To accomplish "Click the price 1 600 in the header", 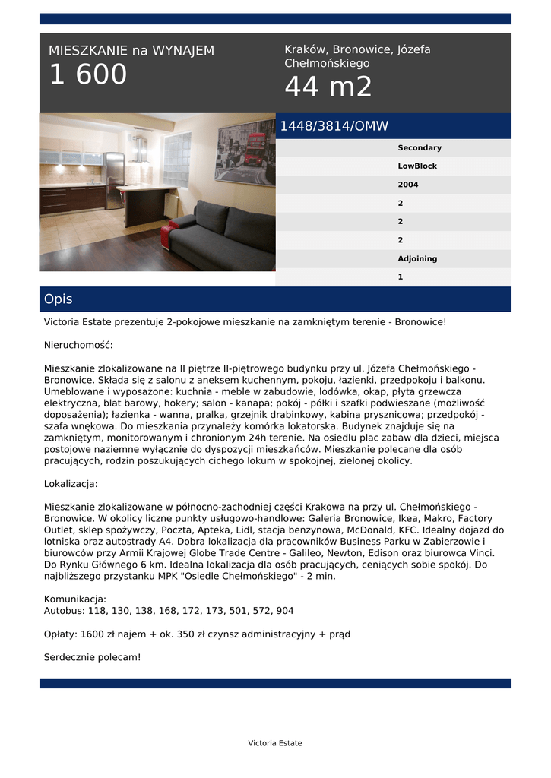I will [88, 75].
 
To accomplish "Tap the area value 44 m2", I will [328, 87].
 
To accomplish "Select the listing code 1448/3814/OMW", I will [334, 126].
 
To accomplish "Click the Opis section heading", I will [59, 299].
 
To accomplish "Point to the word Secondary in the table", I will [420, 148].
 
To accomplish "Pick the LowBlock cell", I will [417, 166].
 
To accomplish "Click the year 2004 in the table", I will [408, 185].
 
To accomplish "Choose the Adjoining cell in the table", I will [417, 259].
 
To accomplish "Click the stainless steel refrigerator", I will [115, 179].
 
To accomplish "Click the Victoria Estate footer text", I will [275, 743].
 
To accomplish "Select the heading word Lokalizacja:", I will [71, 484].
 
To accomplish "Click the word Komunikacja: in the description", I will [75, 599].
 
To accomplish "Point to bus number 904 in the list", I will [285, 611].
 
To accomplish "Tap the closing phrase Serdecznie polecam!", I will [93, 657].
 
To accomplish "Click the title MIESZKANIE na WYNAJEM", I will [131, 51].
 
